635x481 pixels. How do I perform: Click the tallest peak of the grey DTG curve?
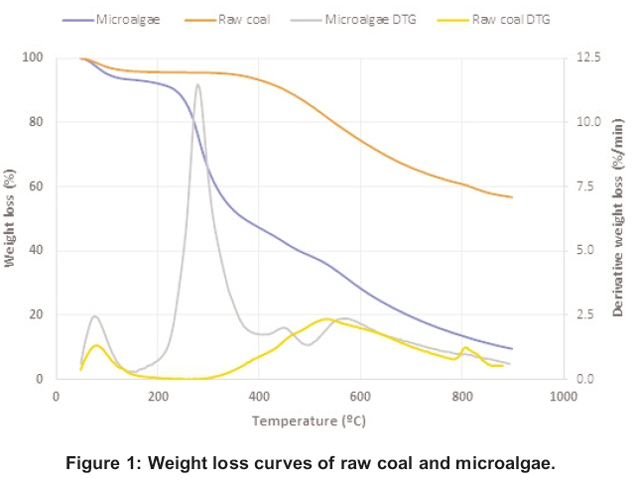(x=198, y=85)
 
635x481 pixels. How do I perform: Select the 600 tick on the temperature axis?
(x=359, y=396)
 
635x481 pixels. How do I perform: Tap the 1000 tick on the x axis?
(x=563, y=396)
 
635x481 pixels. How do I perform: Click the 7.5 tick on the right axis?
(x=584, y=186)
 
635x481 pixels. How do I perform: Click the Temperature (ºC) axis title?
(x=309, y=421)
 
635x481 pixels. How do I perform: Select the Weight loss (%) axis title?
(x=11, y=219)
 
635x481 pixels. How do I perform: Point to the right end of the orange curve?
(x=512, y=197)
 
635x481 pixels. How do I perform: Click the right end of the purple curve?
(x=512, y=348)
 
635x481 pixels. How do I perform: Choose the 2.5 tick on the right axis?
(x=584, y=314)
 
